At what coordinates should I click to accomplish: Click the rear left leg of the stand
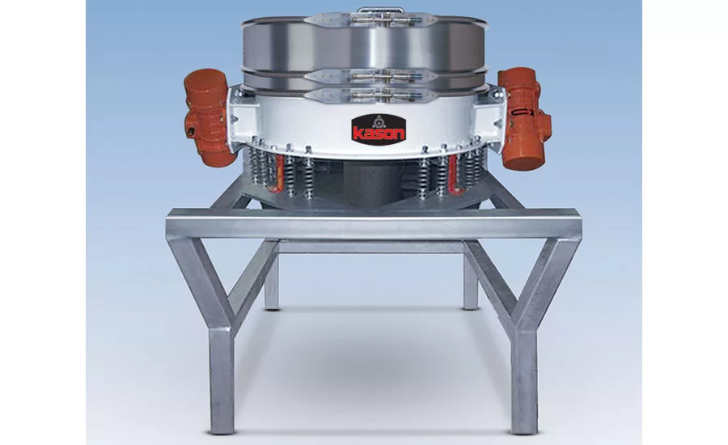point(272,283)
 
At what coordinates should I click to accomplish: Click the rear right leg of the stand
point(471,283)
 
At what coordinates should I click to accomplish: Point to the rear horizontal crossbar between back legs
point(372,246)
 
